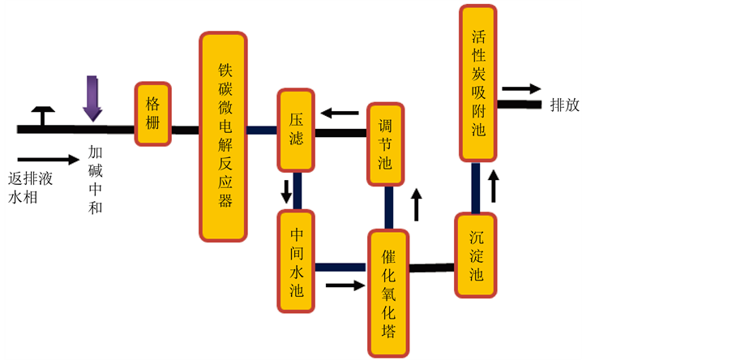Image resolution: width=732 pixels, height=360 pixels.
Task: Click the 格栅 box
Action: (152, 114)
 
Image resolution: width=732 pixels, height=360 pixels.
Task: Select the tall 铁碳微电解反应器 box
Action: (223, 135)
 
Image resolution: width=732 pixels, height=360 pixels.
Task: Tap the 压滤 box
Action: (296, 130)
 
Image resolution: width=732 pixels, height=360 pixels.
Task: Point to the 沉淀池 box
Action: (476, 255)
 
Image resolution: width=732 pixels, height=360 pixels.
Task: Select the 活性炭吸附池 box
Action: (478, 83)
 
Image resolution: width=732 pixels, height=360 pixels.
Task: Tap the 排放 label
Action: (565, 105)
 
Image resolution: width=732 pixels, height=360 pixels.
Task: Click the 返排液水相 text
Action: (31, 187)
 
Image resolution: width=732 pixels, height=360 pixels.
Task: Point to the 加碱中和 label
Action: (96, 179)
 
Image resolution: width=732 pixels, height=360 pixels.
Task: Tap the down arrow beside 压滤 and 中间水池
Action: (286, 192)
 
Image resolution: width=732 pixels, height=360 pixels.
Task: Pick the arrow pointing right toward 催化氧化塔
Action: (345, 285)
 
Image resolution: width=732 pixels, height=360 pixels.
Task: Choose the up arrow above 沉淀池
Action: (493, 186)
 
